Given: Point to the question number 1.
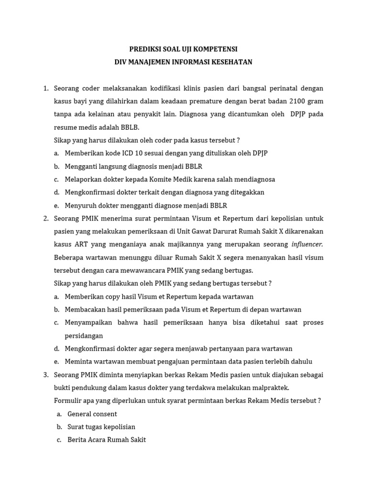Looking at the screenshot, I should click(46, 89).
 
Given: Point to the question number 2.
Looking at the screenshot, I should click(46, 219).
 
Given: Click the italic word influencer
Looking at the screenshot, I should click(307, 245).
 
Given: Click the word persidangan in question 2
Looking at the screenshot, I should click(84, 335).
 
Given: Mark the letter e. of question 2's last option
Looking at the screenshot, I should click(56, 362).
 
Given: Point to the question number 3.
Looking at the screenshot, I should click(46, 375).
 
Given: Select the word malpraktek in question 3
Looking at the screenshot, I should click(272, 388).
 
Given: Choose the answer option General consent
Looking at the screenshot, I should click(92, 414).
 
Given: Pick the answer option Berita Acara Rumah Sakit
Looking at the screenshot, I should click(107, 440).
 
